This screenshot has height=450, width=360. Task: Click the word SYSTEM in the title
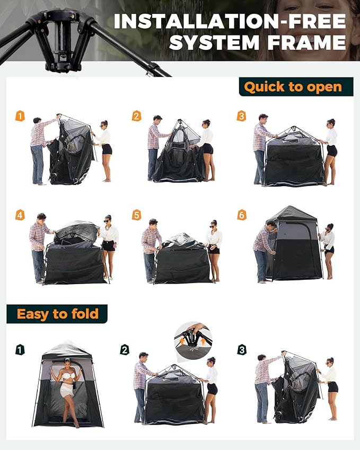point(210,42)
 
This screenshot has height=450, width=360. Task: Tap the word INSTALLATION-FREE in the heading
point(230,21)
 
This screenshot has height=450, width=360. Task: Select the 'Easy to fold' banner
point(57,314)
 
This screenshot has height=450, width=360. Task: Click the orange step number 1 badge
point(20,116)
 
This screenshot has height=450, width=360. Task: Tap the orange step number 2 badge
point(137,116)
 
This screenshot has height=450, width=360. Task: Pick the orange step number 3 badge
point(241,116)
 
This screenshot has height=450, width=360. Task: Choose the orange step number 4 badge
point(20,215)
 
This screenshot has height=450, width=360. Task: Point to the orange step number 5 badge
point(137,215)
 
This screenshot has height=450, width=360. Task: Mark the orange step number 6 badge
point(241,215)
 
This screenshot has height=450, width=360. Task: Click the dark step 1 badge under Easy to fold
point(20,349)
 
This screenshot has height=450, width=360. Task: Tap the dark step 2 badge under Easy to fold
point(125,349)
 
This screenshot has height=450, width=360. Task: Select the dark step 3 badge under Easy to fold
point(241,349)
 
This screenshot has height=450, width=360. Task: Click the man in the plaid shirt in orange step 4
point(38,246)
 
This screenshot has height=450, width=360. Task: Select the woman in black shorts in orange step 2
point(206,148)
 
